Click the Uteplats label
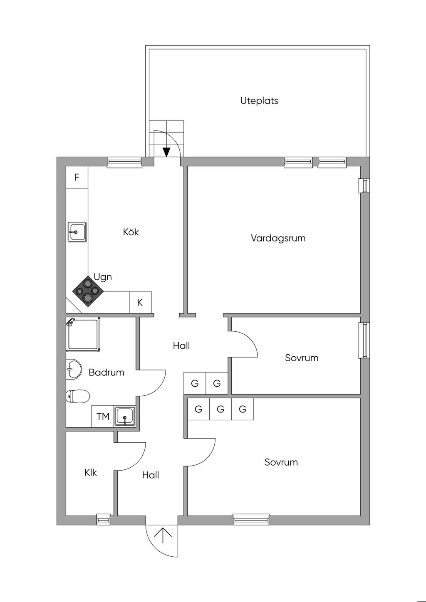(x=259, y=101)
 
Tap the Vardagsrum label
(x=278, y=238)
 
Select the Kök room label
(x=131, y=232)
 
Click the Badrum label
(x=106, y=372)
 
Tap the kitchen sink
(x=77, y=232)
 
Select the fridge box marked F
(x=77, y=178)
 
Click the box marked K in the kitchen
(x=140, y=302)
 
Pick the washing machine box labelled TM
(x=103, y=416)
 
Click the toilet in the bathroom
(x=78, y=396)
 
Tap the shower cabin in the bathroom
(x=83, y=335)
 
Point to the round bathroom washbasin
(x=74, y=369)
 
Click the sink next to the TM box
(x=125, y=416)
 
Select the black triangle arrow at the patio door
(x=167, y=152)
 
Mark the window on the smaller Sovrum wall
(x=364, y=340)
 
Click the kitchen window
(x=124, y=162)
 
